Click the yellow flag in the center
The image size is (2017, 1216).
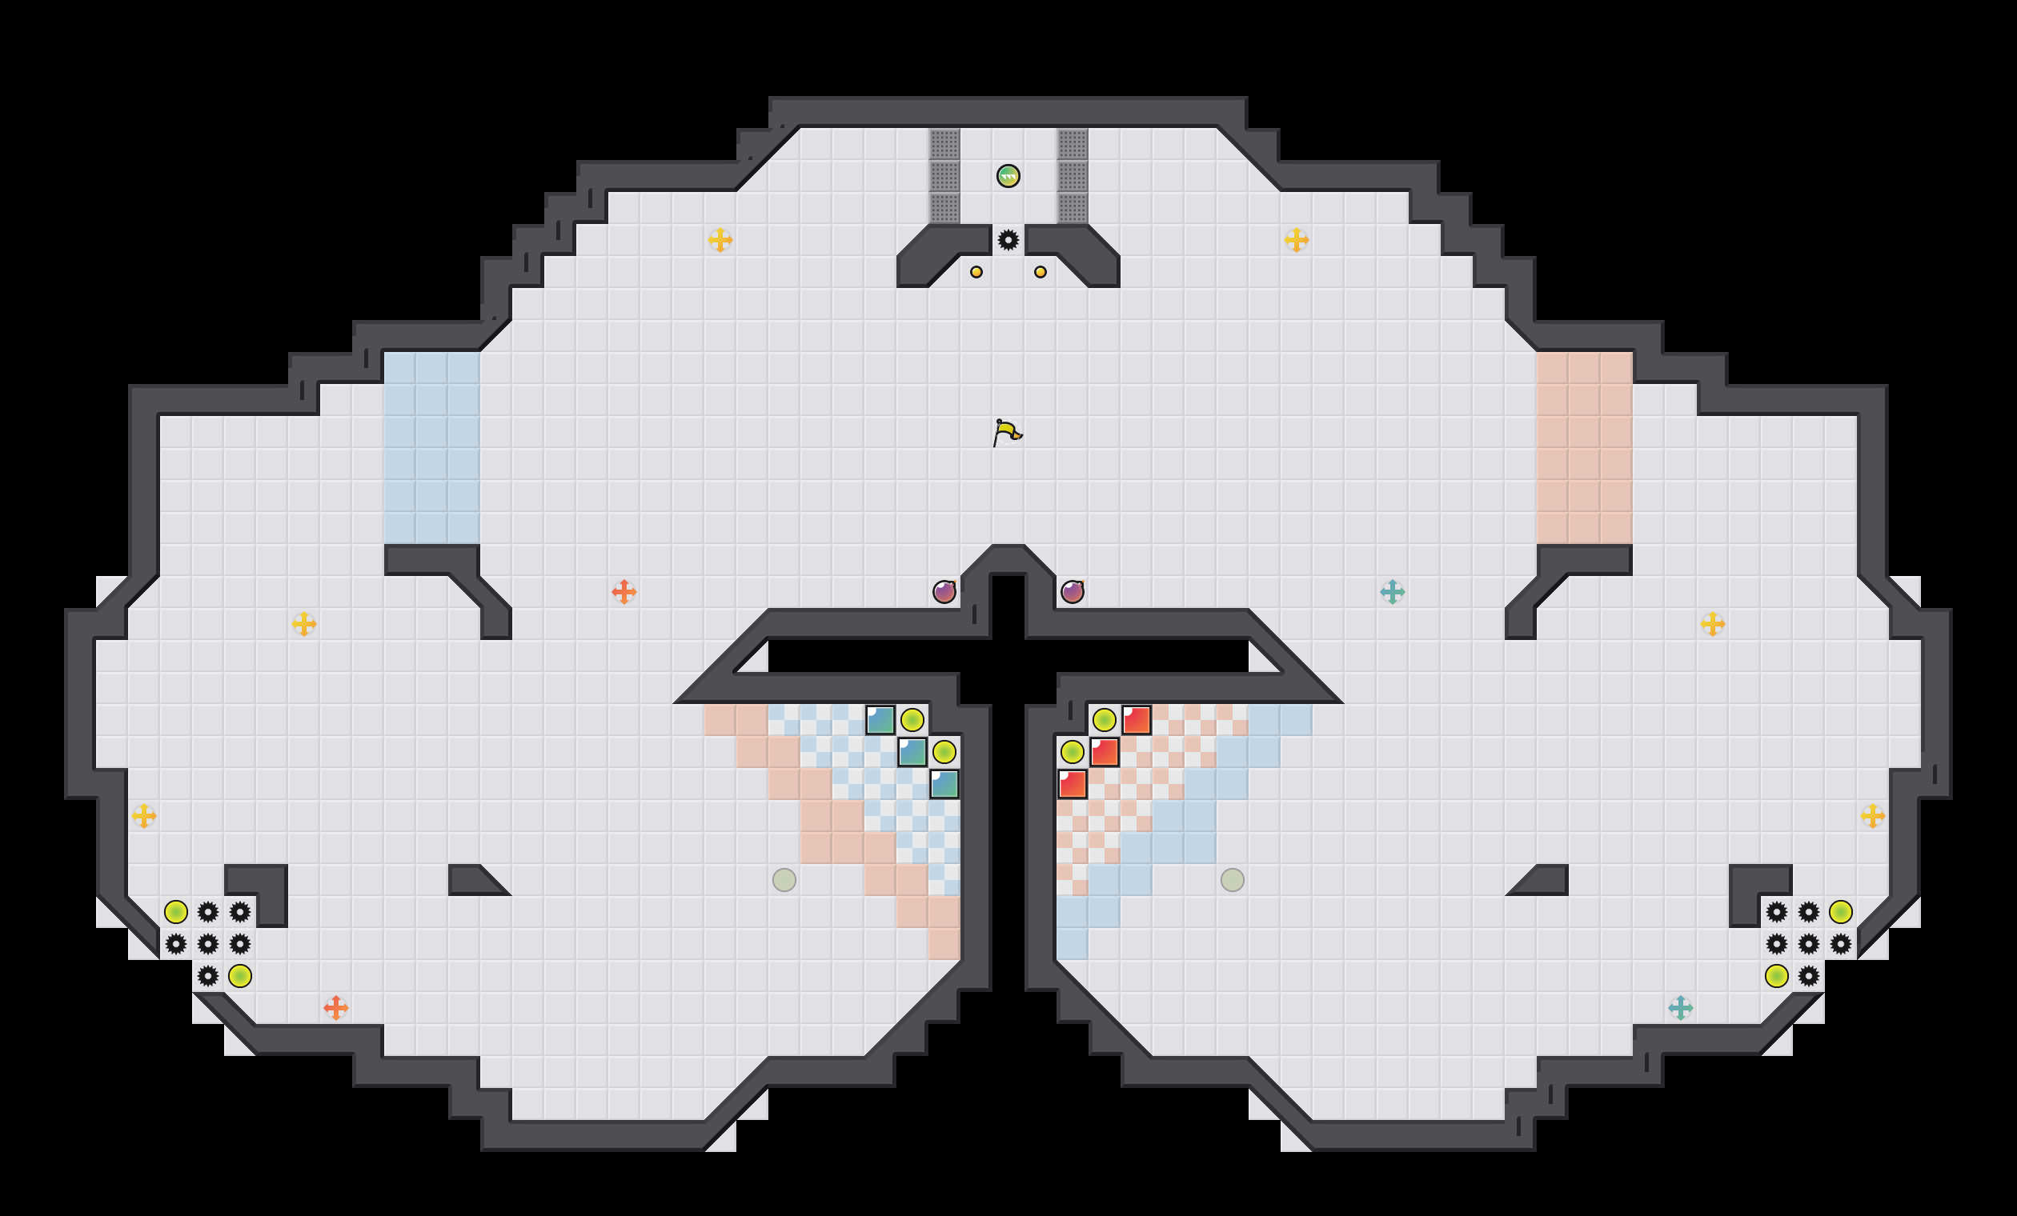coord(1007,432)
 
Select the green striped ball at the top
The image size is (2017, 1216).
coord(1008,176)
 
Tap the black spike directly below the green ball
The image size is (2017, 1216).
coord(1008,240)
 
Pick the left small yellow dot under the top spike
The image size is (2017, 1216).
coord(976,272)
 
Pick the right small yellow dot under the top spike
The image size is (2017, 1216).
coord(1040,272)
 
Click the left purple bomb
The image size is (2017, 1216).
coord(944,592)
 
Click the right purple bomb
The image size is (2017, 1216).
coord(1072,592)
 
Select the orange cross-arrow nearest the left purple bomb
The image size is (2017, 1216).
coord(624,592)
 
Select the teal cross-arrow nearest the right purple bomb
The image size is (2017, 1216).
coord(1392,592)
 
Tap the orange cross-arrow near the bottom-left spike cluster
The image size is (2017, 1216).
coord(335,1007)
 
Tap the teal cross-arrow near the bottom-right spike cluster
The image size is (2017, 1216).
coord(1680,1007)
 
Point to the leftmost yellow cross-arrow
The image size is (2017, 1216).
coord(144,816)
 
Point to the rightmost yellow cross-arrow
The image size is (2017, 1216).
coord(1872,816)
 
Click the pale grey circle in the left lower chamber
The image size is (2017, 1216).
coord(784,880)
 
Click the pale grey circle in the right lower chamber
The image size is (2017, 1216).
coord(1232,880)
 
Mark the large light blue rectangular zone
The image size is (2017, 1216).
coord(431,448)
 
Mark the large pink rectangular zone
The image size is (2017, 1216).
coord(1584,448)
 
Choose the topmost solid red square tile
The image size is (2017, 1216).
coord(1137,720)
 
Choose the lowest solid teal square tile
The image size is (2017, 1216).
coord(944,784)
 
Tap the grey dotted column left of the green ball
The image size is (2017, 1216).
coord(944,176)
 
